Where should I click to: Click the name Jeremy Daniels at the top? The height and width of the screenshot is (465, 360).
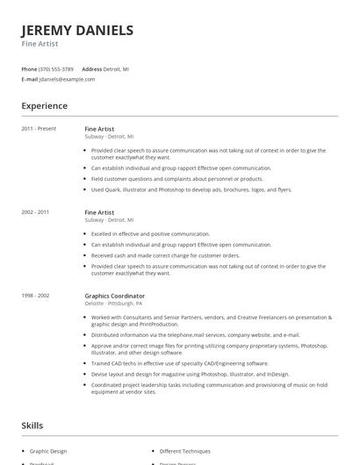coord(77,31)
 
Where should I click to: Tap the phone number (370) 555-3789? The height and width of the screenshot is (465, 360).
coord(57,68)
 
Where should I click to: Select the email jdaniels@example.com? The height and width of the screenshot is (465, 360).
coord(67,79)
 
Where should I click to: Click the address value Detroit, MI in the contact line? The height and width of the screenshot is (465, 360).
coord(118,68)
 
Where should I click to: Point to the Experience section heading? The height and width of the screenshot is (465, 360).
coord(44,106)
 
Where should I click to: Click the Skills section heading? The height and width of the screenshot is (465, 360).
coord(32,426)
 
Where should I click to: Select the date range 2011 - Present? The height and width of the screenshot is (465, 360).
coord(39,129)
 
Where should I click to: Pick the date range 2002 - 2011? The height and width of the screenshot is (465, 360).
coord(35,212)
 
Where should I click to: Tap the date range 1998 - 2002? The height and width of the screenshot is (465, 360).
coord(35,296)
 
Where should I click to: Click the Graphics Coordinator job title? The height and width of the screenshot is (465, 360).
coord(115,296)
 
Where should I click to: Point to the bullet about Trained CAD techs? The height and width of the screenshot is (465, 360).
coord(180,362)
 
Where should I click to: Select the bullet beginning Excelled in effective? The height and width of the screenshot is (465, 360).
coord(150,234)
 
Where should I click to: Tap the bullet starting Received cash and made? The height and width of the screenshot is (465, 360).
coord(165,255)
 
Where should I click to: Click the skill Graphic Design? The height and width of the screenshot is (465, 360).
coord(48,451)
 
